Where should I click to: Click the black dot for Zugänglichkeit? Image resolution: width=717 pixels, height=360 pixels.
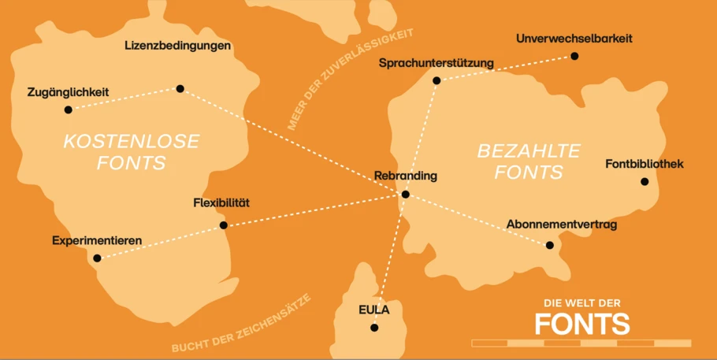(69, 109)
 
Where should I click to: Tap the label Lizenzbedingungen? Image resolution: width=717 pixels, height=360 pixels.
(177, 46)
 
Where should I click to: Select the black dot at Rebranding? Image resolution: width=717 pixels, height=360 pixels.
(405, 194)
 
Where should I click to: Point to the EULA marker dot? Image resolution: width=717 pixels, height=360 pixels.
(374, 328)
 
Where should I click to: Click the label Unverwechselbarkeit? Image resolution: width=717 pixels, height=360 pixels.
(574, 38)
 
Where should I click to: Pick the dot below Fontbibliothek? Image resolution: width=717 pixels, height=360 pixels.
(645, 181)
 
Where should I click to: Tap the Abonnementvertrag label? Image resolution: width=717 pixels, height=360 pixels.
(561, 225)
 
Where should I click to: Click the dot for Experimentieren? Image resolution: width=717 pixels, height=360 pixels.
(97, 258)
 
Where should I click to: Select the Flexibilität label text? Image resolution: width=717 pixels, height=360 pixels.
(221, 203)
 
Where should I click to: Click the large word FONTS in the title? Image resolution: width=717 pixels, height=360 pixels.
(582, 324)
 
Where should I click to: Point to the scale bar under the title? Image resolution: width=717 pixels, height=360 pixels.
(581, 343)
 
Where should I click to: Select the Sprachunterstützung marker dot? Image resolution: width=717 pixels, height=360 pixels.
(437, 80)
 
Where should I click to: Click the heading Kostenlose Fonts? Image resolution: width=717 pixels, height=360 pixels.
(131, 152)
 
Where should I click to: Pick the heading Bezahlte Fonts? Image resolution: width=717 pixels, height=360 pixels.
(529, 161)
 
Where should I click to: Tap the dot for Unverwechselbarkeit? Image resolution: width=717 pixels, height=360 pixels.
(574, 56)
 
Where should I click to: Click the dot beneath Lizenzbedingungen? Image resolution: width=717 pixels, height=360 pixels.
(180, 89)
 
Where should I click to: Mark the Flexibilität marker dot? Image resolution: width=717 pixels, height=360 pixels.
(224, 225)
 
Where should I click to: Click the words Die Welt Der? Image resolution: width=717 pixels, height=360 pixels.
(582, 303)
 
